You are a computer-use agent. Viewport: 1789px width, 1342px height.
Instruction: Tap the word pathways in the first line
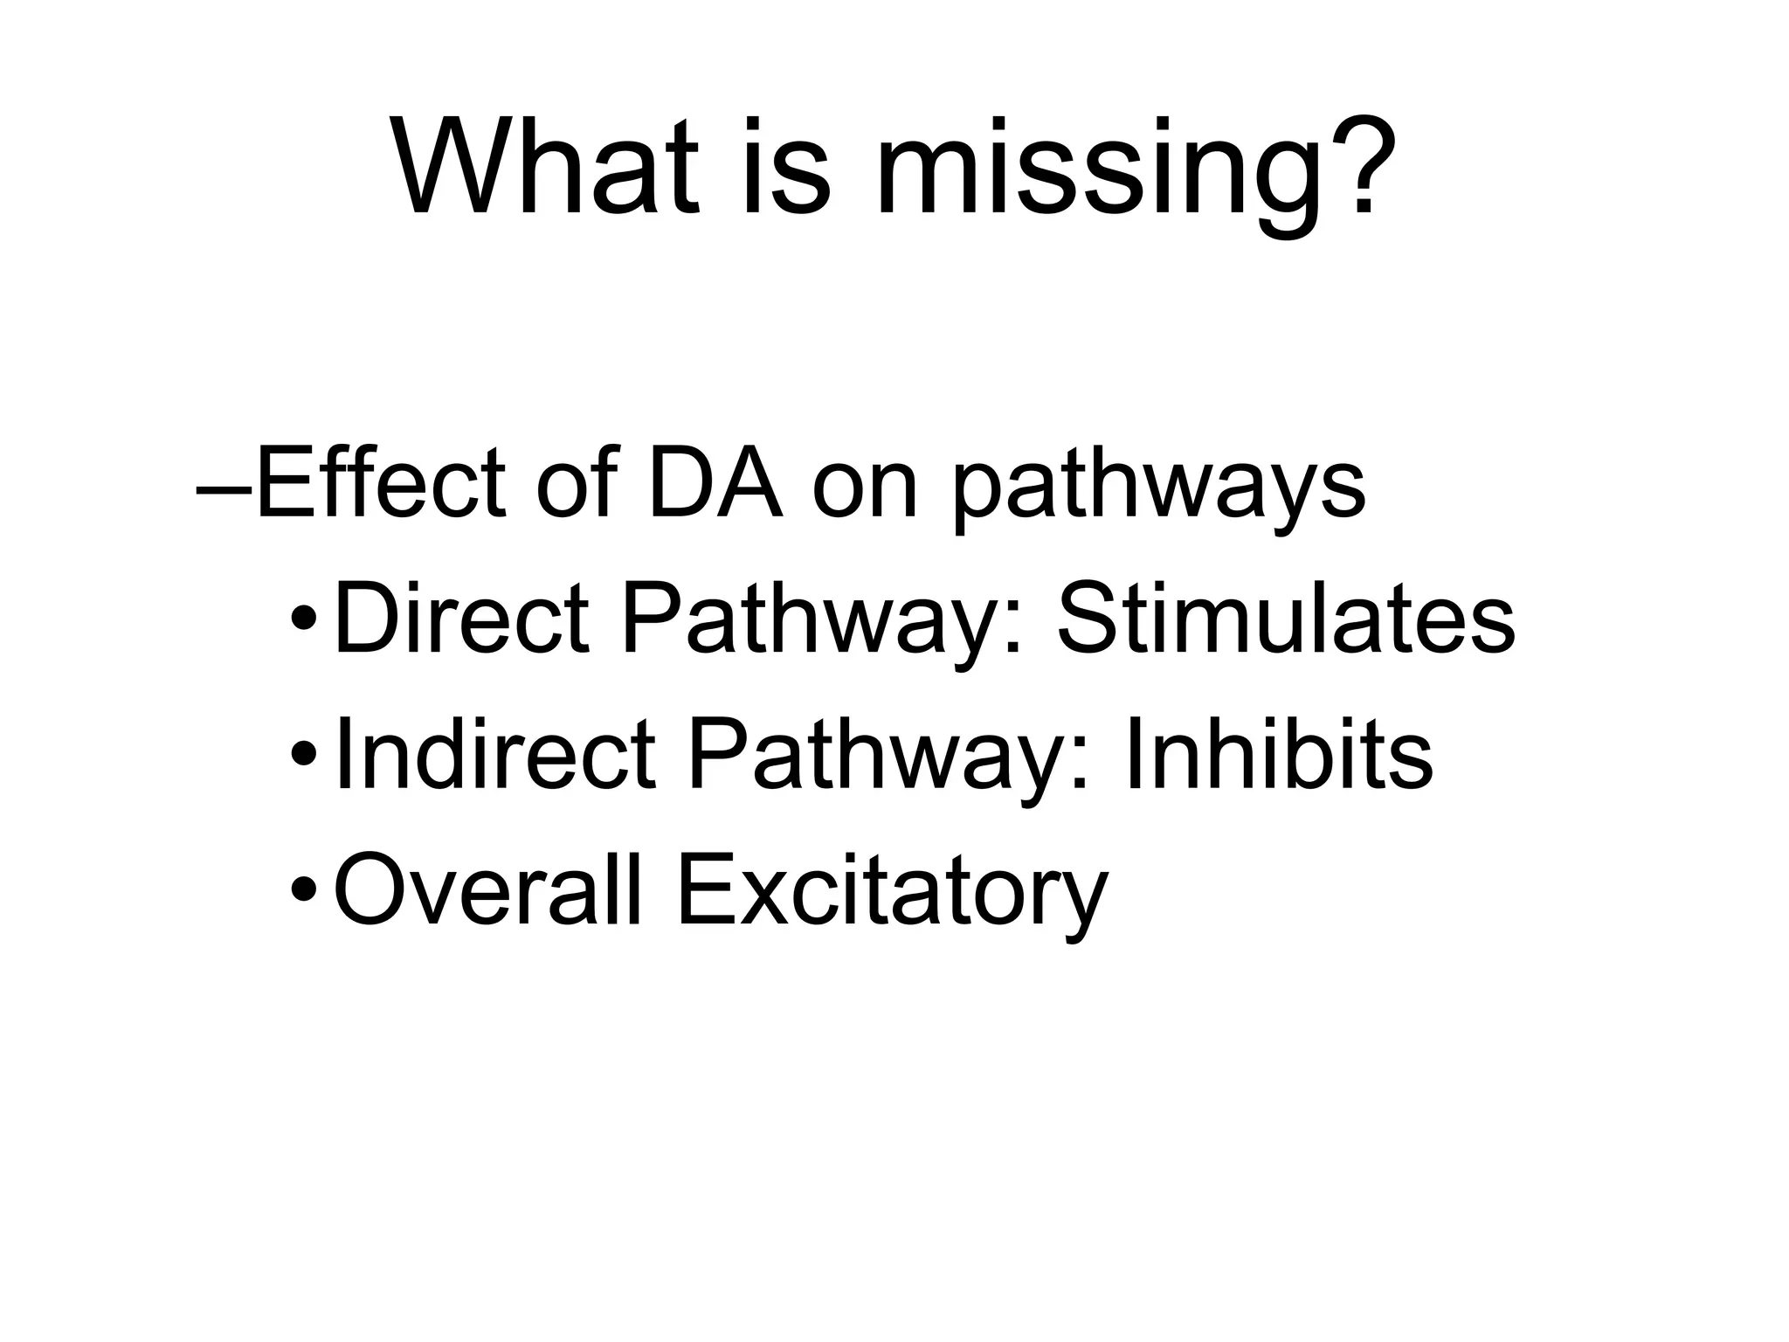coord(1157,489)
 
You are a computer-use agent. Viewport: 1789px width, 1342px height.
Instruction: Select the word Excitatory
coord(892,894)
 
